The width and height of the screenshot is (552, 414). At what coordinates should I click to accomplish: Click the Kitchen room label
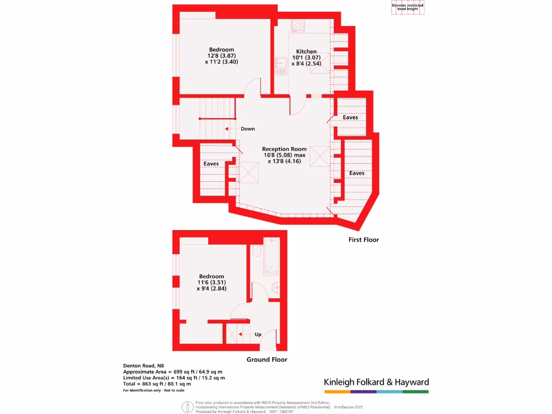point(306,52)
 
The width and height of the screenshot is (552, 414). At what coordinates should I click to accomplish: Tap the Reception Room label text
point(284,149)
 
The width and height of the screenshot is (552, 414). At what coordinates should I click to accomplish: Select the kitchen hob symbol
point(298,25)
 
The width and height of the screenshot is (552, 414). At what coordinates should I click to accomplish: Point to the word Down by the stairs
point(248,129)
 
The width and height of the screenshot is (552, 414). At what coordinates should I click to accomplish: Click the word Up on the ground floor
point(258,334)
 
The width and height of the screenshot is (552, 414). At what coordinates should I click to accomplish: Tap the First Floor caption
point(363,239)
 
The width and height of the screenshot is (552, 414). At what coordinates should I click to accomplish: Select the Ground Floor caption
point(267,360)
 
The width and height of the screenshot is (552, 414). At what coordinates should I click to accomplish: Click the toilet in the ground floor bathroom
point(257,252)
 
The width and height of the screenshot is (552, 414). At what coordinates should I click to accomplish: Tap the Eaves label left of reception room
point(211,163)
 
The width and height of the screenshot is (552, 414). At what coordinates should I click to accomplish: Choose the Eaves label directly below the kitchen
point(350,117)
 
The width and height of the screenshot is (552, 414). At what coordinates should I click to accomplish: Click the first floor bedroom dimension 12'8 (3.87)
point(222,56)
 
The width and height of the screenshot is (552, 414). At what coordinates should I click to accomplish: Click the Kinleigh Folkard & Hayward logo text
point(376,382)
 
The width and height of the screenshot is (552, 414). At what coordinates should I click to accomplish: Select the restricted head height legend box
point(408,7)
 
